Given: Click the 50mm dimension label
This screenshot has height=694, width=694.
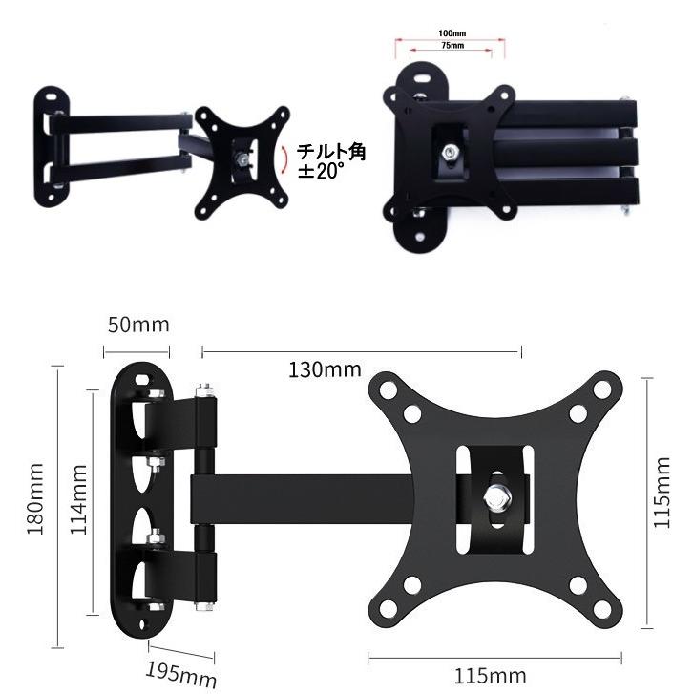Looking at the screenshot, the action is coord(138,325).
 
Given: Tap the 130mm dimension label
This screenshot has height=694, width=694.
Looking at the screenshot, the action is coord(325,369).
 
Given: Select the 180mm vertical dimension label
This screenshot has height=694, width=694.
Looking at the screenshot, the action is coord(35,498).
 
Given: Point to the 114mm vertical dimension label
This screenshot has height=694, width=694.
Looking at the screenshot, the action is coord(79,499).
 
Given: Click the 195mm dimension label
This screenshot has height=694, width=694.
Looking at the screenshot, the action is coord(181,674).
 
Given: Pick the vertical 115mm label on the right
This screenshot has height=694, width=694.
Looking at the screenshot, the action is coord(662,493).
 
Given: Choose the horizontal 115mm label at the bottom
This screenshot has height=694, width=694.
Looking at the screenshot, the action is coord(491,676).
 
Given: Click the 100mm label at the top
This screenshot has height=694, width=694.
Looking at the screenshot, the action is coord(452,33).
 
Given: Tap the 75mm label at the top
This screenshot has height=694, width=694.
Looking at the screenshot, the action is coord(452,45).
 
